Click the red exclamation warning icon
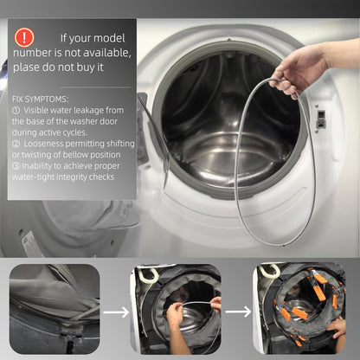(24, 37)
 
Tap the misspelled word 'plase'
(25, 67)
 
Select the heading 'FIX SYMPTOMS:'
(40, 100)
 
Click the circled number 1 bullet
(16, 111)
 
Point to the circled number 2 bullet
(16, 144)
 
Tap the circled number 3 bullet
(16, 166)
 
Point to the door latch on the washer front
(320, 119)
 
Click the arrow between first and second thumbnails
(116, 312)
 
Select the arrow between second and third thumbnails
(238, 312)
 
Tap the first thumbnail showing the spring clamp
(55, 309)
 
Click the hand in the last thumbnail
(337, 328)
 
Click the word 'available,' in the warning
(108, 53)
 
